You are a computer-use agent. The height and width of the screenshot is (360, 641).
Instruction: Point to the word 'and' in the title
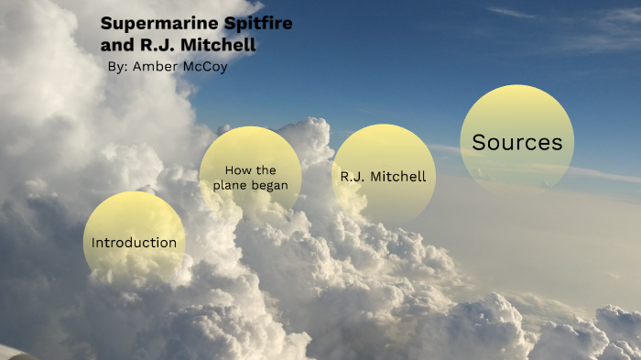coord(114,44)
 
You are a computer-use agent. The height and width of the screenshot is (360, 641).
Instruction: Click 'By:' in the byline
coord(117,67)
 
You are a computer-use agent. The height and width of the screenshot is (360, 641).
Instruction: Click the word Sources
coord(516,143)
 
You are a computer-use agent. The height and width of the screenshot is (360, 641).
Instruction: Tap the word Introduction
coord(134,243)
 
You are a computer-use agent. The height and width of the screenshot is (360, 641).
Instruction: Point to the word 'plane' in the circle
coord(232,185)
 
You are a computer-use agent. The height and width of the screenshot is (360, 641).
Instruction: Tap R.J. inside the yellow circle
coord(353,177)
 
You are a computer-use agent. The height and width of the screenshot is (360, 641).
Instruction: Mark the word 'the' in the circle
coord(266,170)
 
